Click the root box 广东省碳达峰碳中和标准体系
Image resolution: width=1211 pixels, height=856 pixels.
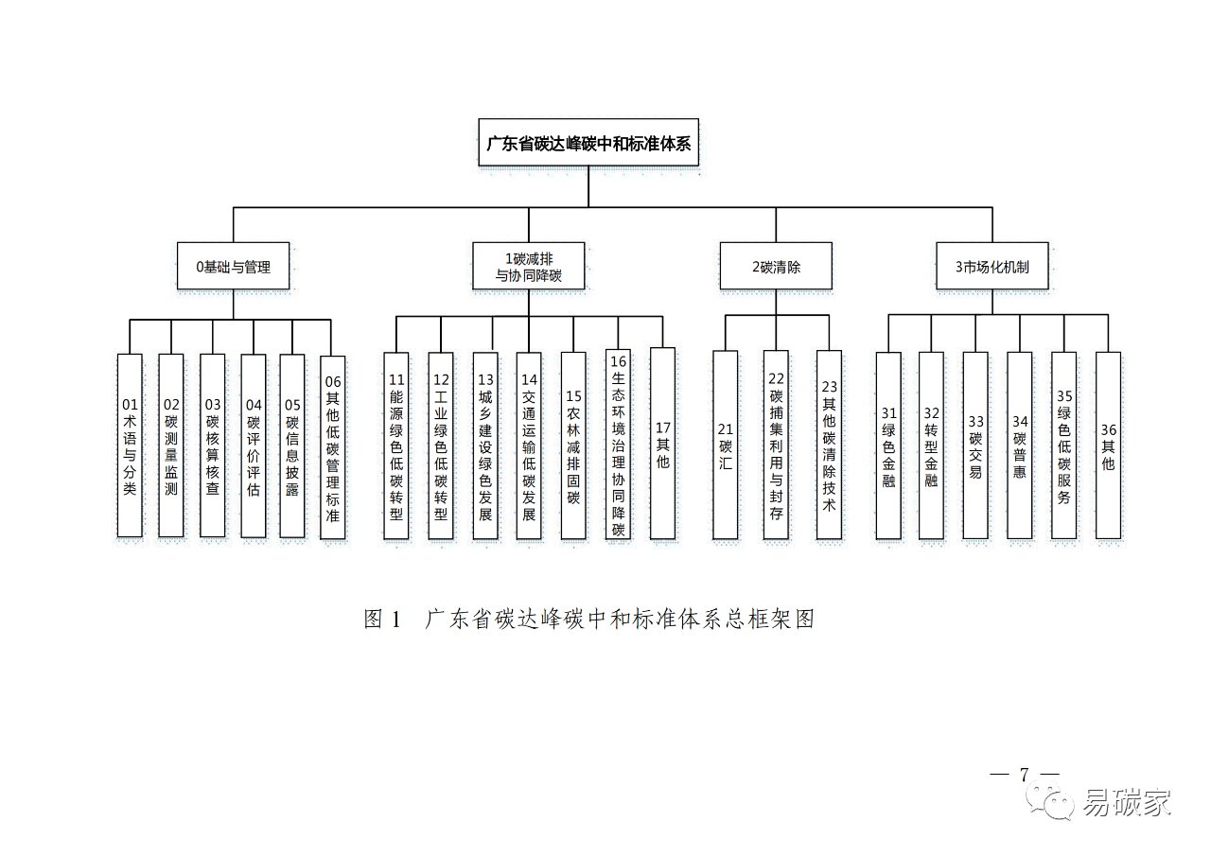(588, 144)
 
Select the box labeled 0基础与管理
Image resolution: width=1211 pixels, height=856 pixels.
(233, 267)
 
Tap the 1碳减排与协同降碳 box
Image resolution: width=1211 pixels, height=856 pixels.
(529, 267)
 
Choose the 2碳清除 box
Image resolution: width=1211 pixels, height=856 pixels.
(776, 267)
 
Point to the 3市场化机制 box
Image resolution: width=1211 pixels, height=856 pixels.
(992, 267)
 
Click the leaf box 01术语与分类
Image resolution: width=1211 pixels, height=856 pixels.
(130, 445)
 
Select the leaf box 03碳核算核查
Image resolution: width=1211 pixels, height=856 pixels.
(213, 445)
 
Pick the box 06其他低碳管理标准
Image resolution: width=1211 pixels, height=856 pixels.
(332, 447)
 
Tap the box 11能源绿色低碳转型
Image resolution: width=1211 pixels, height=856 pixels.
(396, 445)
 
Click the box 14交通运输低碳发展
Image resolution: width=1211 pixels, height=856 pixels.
(529, 445)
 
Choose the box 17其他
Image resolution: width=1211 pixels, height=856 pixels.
(662, 444)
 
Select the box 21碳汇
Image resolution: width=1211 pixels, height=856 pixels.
(726, 445)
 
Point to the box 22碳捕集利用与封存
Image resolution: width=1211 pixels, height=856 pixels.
(776, 445)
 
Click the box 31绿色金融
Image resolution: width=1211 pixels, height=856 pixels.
(888, 445)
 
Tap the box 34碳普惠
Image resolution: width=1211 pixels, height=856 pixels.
(1019, 445)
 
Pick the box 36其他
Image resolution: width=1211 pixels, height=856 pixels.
(1108, 445)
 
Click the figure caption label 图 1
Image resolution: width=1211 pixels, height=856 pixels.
(383, 620)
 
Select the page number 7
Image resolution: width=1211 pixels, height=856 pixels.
(1024, 774)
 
